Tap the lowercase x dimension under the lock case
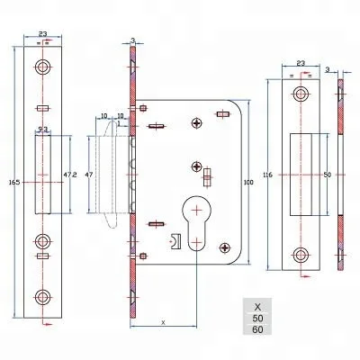coord(163,320)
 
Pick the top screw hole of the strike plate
coord(301,94)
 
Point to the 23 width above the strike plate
coord(301,64)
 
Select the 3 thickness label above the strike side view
coord(328,67)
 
